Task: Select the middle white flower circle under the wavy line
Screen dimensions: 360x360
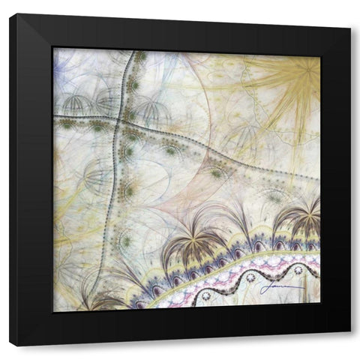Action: [x=250, y=277]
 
